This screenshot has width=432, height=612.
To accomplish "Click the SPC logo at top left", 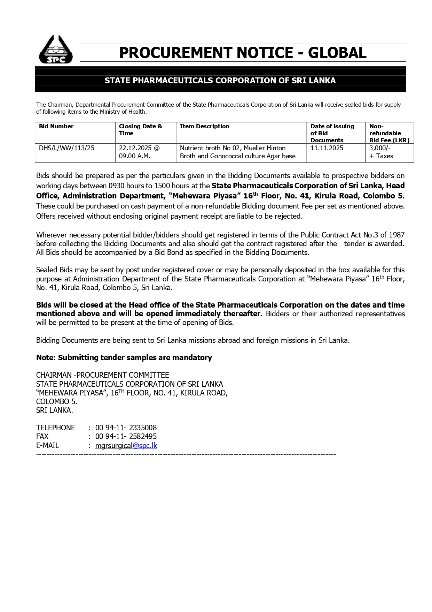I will point(56,50).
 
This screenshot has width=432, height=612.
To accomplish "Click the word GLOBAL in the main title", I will point(337,53).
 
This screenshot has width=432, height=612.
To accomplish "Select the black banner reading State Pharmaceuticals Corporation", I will point(220,81).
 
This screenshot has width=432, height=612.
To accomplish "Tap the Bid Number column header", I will point(56,127).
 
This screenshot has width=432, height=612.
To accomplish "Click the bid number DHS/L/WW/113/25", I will point(66,148).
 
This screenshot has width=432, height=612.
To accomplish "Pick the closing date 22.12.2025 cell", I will point(139,152).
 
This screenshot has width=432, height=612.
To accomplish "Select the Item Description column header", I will point(204,127).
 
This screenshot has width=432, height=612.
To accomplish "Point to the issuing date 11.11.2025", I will point(327,148).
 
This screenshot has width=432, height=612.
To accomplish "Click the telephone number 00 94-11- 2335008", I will point(126,428).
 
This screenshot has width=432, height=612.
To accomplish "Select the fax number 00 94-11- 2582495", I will point(126,437).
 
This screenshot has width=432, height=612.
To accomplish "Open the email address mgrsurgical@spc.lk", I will point(126,446).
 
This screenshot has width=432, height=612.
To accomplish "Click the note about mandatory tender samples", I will point(124,358).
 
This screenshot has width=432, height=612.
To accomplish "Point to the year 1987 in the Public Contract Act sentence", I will point(396,235).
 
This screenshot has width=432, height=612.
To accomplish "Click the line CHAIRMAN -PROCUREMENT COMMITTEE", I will point(103,375).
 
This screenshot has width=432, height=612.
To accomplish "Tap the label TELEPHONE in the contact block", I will point(56,428).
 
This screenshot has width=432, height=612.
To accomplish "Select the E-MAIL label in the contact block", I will point(48,446).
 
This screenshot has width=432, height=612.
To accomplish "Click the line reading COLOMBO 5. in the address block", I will point(57,402).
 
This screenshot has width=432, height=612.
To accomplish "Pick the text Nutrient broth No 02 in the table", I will point(210,148).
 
